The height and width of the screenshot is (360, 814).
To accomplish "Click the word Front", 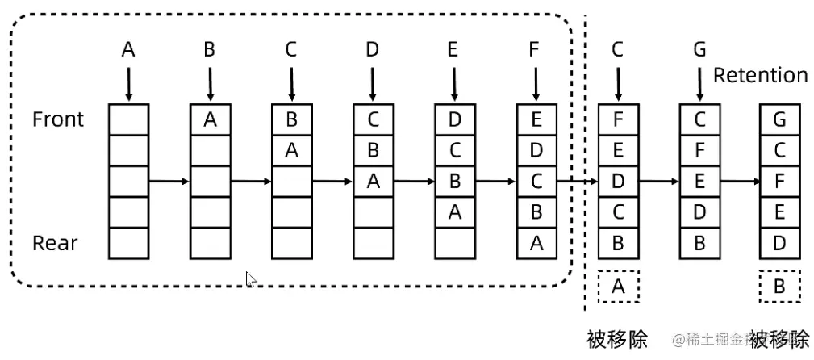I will click(x=58, y=119).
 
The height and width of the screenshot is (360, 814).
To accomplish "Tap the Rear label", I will click(x=56, y=243).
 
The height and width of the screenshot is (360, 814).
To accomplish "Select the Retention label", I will click(x=760, y=76).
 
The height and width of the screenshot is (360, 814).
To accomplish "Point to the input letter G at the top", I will click(x=699, y=49).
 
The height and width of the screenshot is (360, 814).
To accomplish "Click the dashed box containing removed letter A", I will click(x=618, y=287).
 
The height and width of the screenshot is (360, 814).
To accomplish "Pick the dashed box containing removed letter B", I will click(x=780, y=287).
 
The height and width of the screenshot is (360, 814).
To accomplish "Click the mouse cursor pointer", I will click(x=251, y=279).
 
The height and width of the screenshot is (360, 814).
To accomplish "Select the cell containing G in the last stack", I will click(x=780, y=119).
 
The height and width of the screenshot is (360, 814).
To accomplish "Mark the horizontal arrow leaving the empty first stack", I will click(x=169, y=181).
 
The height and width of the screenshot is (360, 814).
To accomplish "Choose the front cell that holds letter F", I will click(x=618, y=119).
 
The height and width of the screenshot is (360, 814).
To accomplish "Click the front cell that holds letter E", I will click(x=536, y=119).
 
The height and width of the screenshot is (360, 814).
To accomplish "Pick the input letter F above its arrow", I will click(x=535, y=49).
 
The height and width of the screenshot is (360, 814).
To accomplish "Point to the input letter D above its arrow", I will click(x=372, y=49).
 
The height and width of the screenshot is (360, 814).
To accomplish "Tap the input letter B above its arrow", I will click(x=210, y=49).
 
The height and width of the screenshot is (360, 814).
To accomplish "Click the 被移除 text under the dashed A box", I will click(x=618, y=339).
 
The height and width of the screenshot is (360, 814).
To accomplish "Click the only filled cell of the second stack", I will click(x=211, y=119).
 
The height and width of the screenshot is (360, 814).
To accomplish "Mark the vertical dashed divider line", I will click(x=586, y=161).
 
